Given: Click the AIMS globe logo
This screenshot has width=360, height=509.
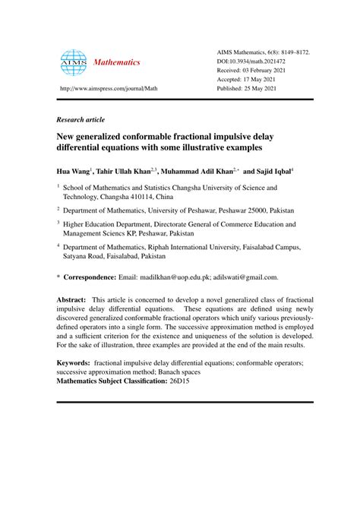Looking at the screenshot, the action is [74, 62].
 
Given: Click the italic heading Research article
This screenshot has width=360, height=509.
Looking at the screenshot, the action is [81, 120].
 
